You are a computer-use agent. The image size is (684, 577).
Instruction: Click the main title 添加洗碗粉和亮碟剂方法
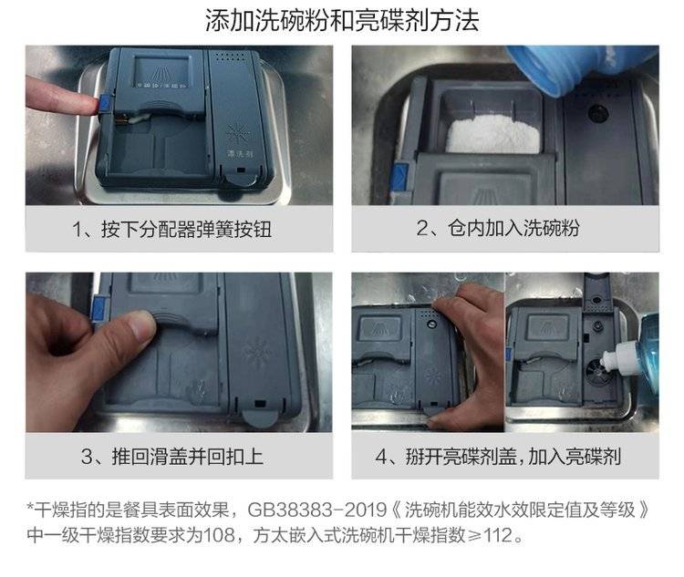pos(342,20)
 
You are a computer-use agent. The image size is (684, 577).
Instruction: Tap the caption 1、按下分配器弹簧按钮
pos(171,229)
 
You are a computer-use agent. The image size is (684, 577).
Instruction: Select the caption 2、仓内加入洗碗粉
pos(498,228)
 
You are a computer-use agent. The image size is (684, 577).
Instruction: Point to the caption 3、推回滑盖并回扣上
pos(172,456)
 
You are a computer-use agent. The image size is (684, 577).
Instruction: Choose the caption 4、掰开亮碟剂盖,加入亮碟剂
pos(498,456)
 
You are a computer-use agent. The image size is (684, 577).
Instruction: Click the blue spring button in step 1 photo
pos(106,104)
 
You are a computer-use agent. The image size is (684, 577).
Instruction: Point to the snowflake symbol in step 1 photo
pos(238,135)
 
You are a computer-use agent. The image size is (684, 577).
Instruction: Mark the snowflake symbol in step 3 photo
pos(256,352)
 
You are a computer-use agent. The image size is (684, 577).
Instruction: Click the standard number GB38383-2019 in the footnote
pos(316,510)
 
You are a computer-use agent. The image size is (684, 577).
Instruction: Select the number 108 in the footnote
pos(220,535)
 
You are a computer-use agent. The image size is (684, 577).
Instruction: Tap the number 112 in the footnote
pos(498,535)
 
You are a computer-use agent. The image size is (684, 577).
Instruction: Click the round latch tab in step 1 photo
pos(240,174)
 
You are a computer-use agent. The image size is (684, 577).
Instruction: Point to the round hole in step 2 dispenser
pos(598,112)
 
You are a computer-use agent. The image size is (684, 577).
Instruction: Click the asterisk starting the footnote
pos(30,506)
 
